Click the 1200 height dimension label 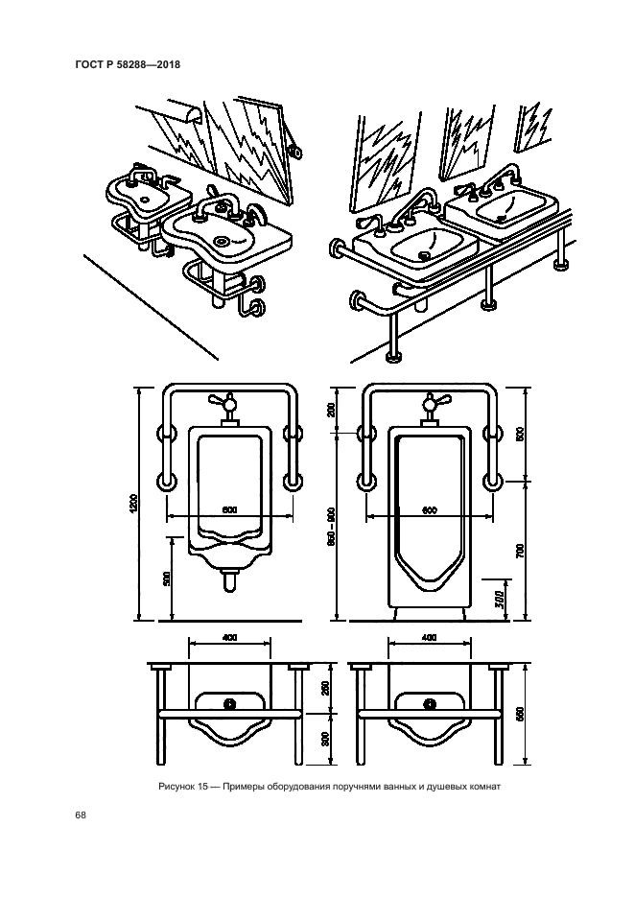coord(133,504)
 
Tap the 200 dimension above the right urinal coord(332,410)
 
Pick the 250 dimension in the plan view coord(326,688)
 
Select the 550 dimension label coord(519,714)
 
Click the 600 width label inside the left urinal coord(229,509)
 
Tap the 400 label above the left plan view coord(229,637)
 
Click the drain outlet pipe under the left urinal coord(229,581)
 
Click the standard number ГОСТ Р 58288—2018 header coord(128,64)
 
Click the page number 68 coord(81,815)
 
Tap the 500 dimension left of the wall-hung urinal coord(166,578)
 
